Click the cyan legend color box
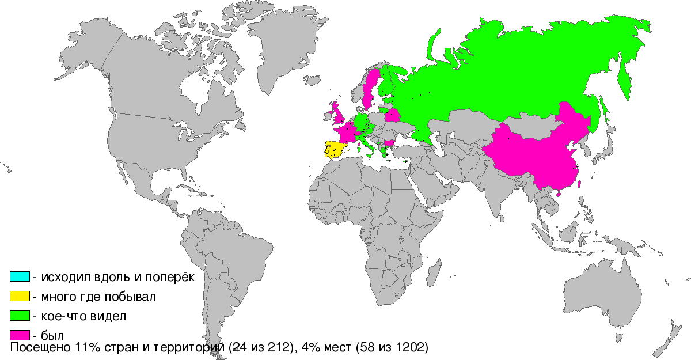(21, 276)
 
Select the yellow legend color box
(21, 296)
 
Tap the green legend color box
(21, 316)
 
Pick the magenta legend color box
(21, 335)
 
